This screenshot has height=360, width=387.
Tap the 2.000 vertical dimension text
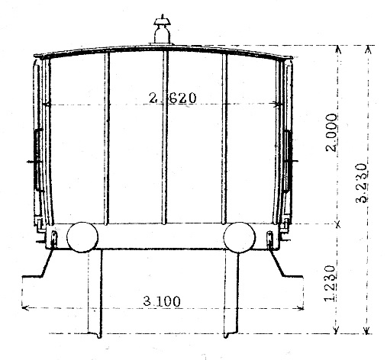point(331,146)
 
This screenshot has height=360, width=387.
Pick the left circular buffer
point(82,237)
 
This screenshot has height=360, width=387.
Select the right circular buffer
point(239,237)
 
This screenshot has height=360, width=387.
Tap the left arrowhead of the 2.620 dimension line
point(47,104)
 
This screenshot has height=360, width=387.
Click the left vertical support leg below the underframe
point(95,294)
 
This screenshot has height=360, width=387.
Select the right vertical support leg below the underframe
point(229,294)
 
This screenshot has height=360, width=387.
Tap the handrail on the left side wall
point(36,161)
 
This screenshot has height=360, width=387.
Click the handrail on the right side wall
point(289,161)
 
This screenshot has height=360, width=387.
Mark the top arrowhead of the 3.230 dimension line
point(367,49)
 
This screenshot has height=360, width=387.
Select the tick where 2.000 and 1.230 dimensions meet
point(337,224)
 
